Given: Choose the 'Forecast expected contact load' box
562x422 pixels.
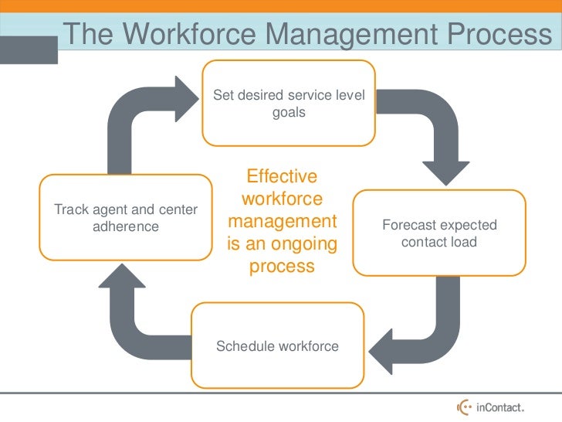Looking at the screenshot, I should click(x=439, y=233).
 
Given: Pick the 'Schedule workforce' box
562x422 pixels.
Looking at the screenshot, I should click(x=277, y=345).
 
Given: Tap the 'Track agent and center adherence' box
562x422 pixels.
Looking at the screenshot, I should click(x=125, y=218).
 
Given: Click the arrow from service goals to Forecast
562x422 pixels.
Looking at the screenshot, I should click(x=433, y=131).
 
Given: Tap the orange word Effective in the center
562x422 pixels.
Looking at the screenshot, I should click(x=282, y=177).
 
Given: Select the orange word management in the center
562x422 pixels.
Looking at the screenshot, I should click(x=283, y=222).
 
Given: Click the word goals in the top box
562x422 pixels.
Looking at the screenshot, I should click(x=289, y=112).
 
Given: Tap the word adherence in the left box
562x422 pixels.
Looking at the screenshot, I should click(x=125, y=226).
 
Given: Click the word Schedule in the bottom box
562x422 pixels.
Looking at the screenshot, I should click(x=245, y=345).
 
